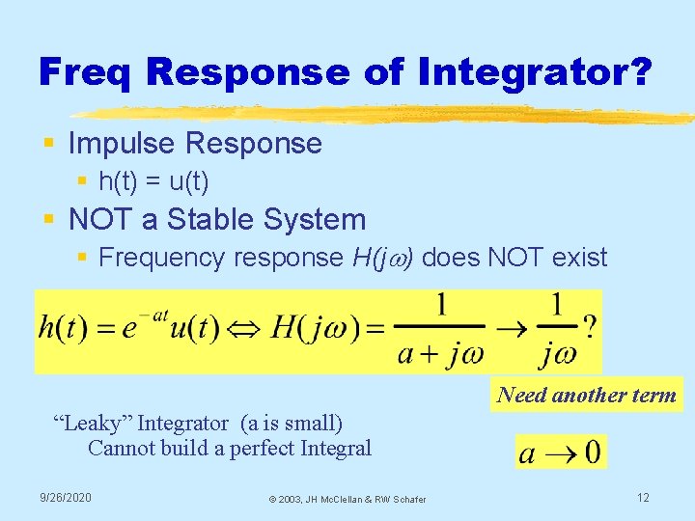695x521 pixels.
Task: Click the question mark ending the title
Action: pyautogui.click(x=639, y=70)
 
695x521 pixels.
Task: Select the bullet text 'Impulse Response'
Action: pyautogui.click(x=195, y=144)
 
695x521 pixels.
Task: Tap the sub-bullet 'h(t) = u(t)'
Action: pyautogui.click(x=154, y=181)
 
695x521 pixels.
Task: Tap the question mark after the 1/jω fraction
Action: pyautogui.click(x=589, y=328)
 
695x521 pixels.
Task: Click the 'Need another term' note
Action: pyautogui.click(x=586, y=394)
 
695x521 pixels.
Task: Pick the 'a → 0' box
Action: pyautogui.click(x=561, y=452)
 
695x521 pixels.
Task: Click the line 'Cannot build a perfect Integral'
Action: pyautogui.click(x=229, y=448)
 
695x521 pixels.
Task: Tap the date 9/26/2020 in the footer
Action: pyautogui.click(x=66, y=497)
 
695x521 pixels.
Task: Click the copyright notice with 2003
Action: pyautogui.click(x=347, y=499)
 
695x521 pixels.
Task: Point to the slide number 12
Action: pyautogui.click(x=643, y=497)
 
